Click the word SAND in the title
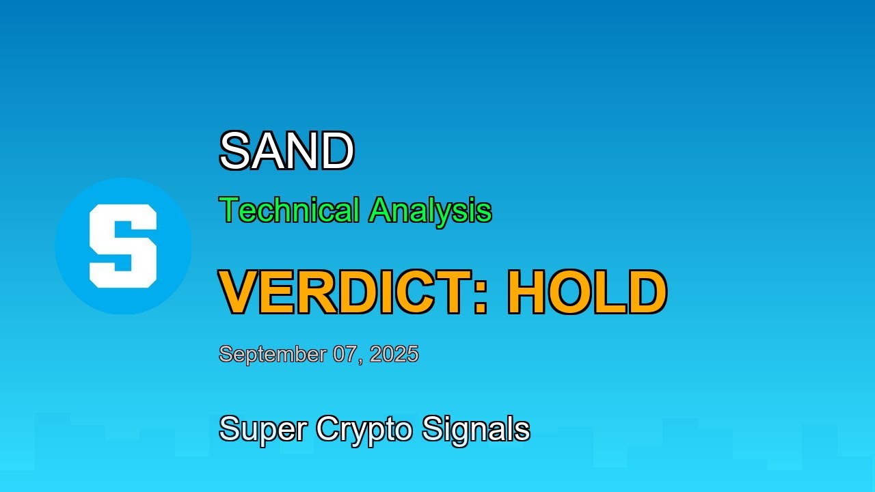[x=286, y=152]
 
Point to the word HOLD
[x=587, y=292]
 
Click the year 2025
[x=394, y=354]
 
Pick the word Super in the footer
[x=263, y=429]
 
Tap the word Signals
[x=476, y=429]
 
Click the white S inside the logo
[x=123, y=246]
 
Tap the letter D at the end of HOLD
[x=647, y=292]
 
